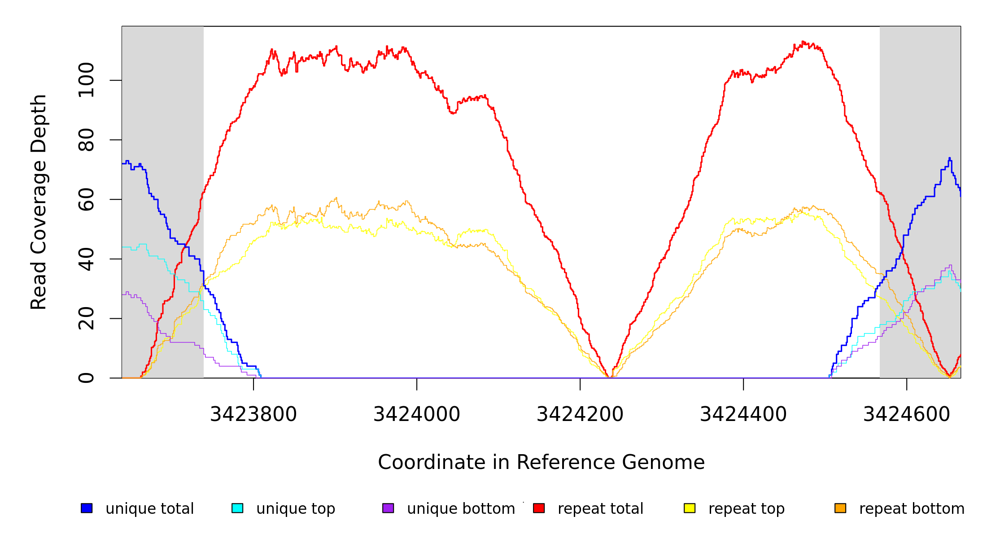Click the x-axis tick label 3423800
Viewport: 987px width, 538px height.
tap(253, 414)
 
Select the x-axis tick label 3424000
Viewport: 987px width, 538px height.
tap(417, 414)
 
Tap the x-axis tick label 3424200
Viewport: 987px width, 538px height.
tap(580, 414)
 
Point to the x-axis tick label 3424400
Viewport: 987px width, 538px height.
tap(743, 414)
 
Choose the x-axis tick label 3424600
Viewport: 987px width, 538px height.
tap(907, 414)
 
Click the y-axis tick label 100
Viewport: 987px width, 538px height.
tap(87, 80)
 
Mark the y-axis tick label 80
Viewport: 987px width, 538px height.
tap(87, 140)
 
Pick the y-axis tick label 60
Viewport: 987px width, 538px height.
tap(87, 200)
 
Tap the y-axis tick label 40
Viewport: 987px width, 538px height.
tap(87, 259)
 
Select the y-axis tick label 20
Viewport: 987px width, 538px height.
tap(87, 318)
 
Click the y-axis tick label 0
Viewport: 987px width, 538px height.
tap(87, 378)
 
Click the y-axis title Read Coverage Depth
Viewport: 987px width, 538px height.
tap(39, 202)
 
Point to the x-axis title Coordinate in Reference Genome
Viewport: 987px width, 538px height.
tap(541, 462)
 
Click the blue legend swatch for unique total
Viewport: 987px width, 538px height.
tap(87, 508)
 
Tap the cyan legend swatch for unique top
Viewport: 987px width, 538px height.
tap(237, 508)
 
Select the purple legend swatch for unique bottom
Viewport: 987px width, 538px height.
tap(388, 508)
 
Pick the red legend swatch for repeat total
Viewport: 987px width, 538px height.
tap(539, 508)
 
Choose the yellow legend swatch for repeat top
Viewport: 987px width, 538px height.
tap(690, 508)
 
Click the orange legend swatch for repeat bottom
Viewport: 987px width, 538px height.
tap(840, 508)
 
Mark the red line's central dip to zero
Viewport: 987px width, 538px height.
tap(610, 377)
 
